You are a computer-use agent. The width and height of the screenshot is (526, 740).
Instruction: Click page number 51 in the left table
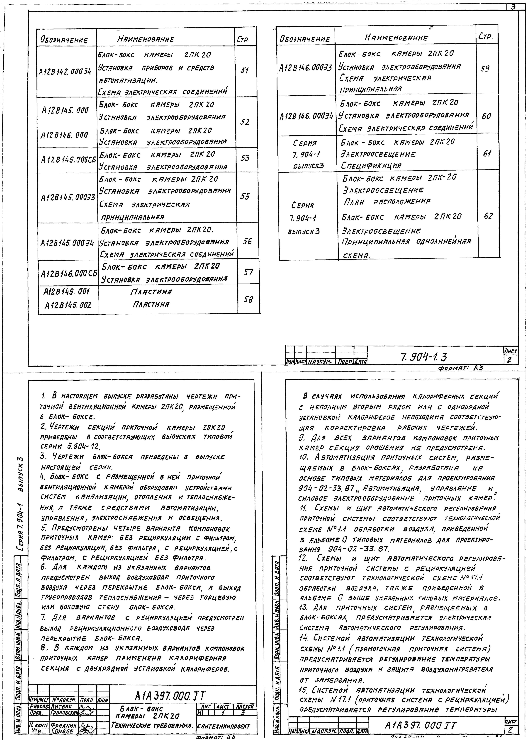tap(245, 70)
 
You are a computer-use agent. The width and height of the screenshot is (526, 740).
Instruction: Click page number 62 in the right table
tap(488, 216)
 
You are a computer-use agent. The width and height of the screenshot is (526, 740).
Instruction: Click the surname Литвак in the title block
tap(62, 706)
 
